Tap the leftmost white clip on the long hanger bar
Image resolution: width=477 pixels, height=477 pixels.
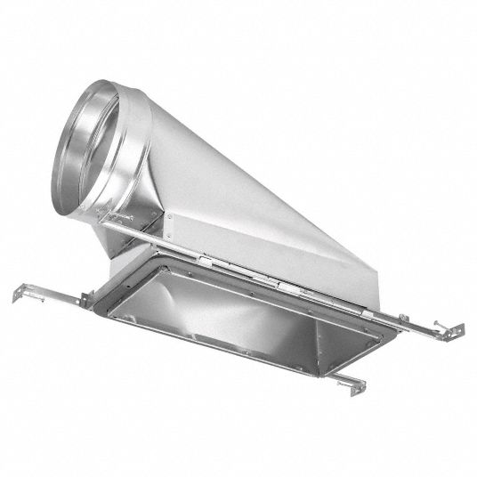[x=206, y=258]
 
